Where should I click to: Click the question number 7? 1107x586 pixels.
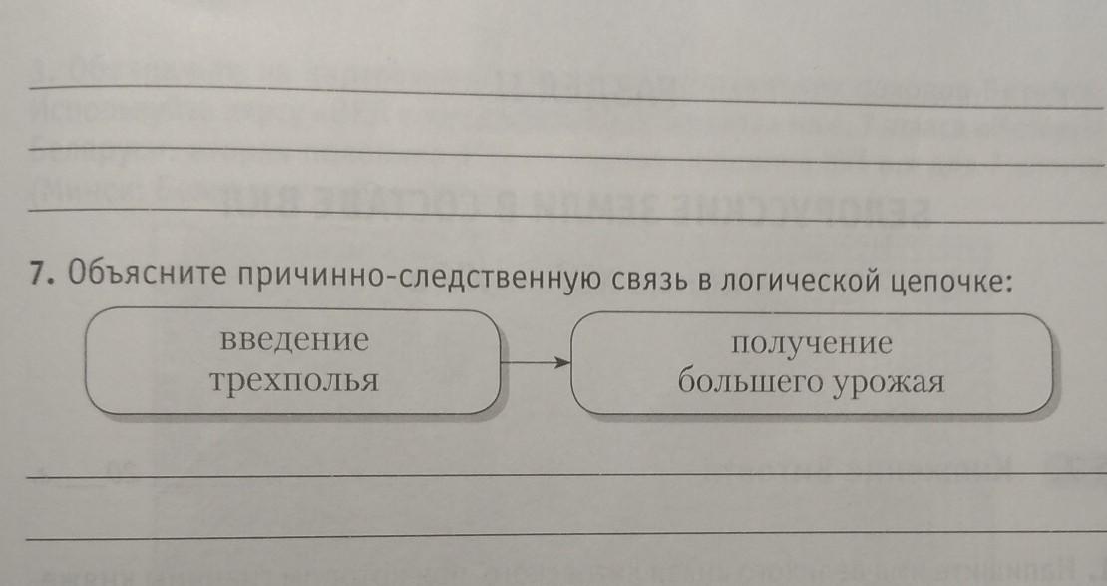[x=39, y=276]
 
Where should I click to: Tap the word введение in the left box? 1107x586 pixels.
[x=293, y=340]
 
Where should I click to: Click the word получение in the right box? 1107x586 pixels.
[x=810, y=345]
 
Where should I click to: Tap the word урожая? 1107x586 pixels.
[x=893, y=384]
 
